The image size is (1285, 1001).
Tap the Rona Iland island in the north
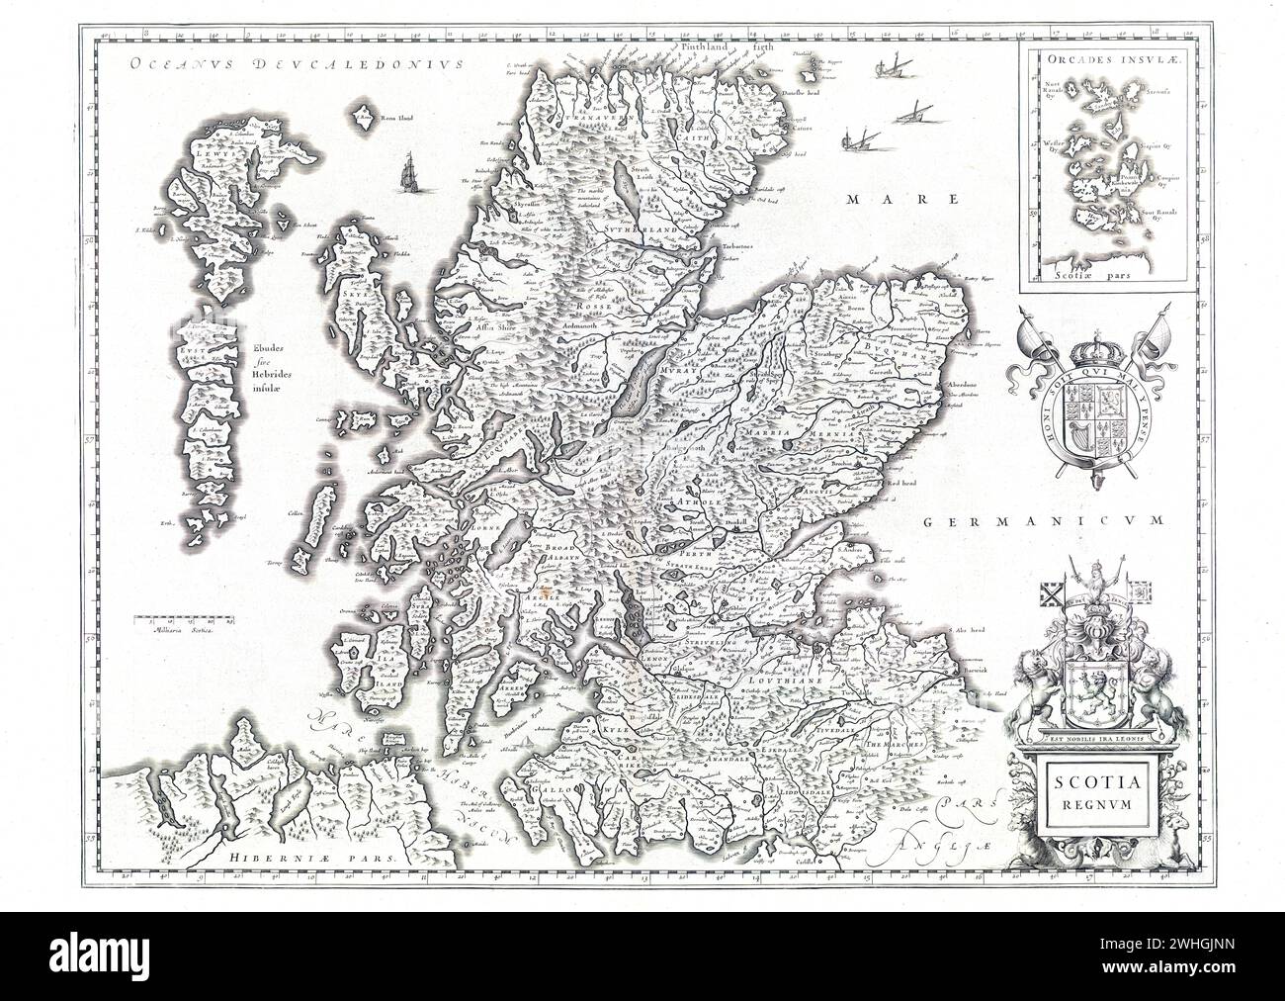tap(363, 115)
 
